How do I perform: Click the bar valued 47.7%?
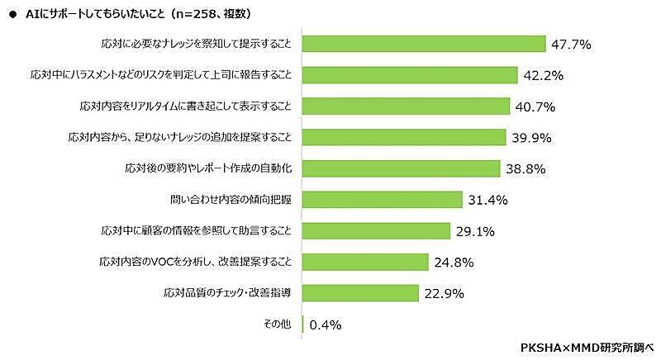tap(425, 44)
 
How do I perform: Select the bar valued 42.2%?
tap(411, 75)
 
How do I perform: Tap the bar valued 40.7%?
tap(407, 107)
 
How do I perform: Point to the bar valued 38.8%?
tap(402, 168)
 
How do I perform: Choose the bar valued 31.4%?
tap(383, 199)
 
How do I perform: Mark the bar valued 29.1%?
tap(377, 230)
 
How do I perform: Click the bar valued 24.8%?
tap(366, 262)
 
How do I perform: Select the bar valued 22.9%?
tap(361, 292)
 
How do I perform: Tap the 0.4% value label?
tap(326, 324)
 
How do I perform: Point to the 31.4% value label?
tap(487, 200)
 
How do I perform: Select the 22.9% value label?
tap(444, 293)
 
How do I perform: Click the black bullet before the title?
tap(11, 14)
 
